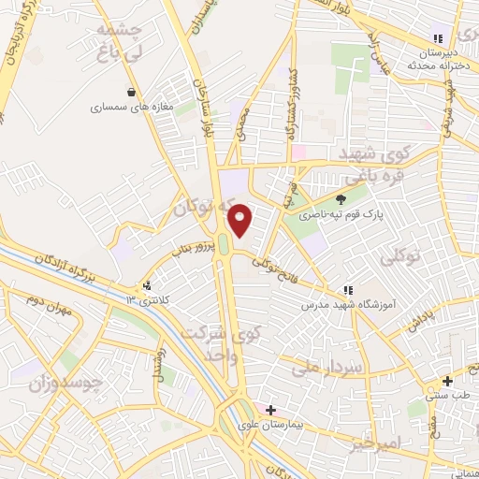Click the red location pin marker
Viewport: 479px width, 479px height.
[x=241, y=220]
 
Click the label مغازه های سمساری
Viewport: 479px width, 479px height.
[x=133, y=108]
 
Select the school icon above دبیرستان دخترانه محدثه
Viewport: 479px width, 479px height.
[x=437, y=39]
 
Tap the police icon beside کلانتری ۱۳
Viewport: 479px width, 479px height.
[x=146, y=285]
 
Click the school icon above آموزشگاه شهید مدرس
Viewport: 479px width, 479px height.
[x=348, y=290]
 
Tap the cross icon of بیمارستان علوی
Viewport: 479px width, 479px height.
[x=270, y=410]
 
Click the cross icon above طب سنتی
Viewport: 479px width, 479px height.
[x=447, y=381]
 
